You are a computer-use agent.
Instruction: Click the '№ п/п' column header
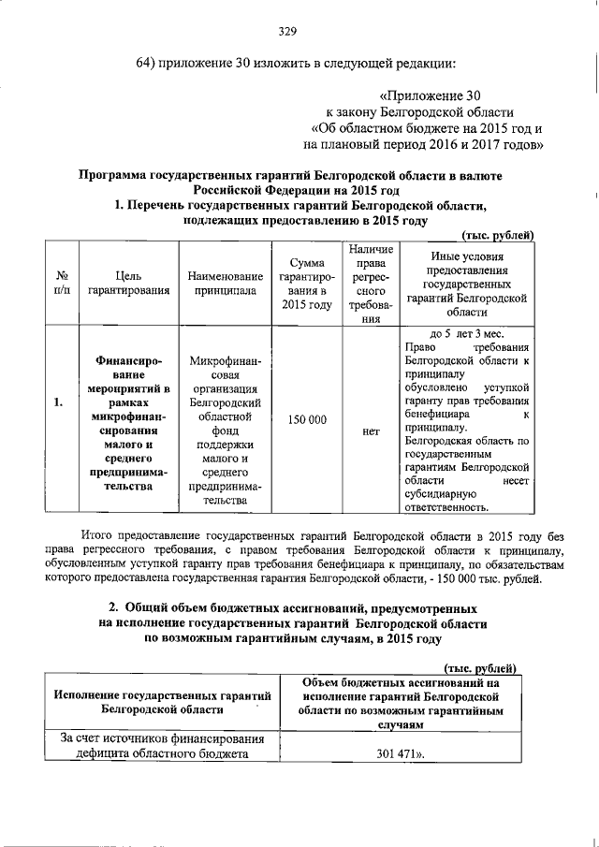60,284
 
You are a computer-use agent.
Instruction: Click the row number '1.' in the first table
59,403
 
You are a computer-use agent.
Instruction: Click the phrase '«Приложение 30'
430,95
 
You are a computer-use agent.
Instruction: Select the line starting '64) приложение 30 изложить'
296,64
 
